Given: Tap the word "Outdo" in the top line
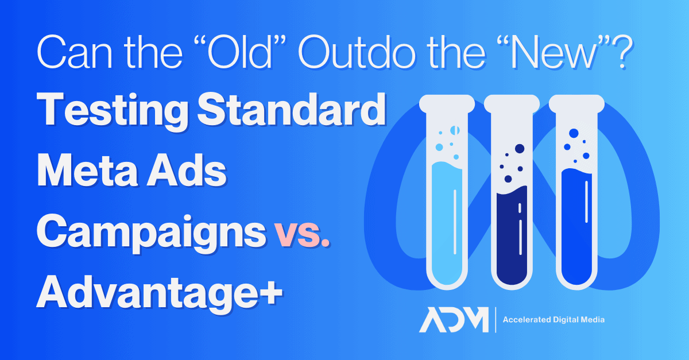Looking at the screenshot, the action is (356, 52).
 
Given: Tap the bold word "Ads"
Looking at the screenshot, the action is (187, 170).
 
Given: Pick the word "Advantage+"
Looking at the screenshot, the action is (160, 294).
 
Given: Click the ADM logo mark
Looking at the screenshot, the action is (454, 320).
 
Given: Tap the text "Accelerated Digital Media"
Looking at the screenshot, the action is (553, 320).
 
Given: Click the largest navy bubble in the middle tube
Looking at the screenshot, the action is (520, 149).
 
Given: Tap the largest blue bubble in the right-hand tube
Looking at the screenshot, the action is (574, 133).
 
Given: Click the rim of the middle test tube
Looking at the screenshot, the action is (512, 104).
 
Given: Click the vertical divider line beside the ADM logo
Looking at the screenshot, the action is (496, 320).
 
